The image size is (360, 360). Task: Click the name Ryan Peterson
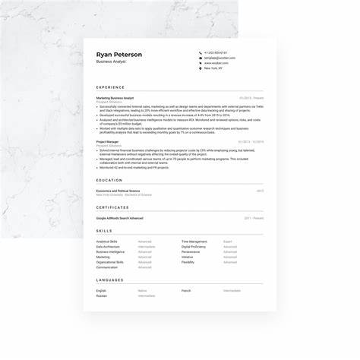(119, 55)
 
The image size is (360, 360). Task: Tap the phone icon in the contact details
(201, 52)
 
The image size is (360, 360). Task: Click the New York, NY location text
(213, 68)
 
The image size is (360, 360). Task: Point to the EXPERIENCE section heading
(111, 87)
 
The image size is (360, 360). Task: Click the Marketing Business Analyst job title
(115, 98)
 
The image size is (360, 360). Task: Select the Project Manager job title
(107, 141)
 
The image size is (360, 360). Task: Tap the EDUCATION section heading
(109, 180)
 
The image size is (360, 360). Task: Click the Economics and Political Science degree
(118, 191)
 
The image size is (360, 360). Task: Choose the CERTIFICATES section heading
(112, 207)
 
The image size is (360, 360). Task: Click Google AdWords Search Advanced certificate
(119, 218)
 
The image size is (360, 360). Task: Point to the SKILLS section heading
(104, 231)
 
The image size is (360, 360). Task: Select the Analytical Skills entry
(106, 242)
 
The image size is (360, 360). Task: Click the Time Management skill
(194, 242)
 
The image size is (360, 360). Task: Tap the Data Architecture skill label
(108, 247)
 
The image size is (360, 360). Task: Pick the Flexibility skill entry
(188, 262)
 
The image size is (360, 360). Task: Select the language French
(186, 290)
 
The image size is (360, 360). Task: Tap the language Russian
(102, 295)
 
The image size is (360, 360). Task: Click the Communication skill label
(107, 267)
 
